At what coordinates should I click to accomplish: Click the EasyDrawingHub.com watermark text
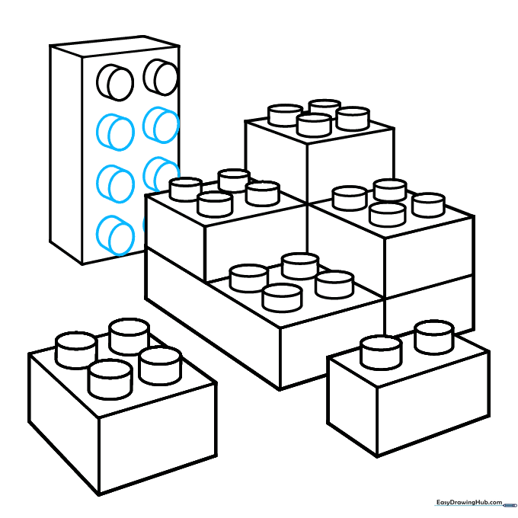coord(469,503)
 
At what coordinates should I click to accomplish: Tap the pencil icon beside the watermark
coord(510,506)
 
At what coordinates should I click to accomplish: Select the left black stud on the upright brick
coord(115,82)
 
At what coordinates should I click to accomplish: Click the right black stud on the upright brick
coord(161,77)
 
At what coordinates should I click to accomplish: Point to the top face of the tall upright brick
coord(114,46)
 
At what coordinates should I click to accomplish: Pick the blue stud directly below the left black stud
coord(115,133)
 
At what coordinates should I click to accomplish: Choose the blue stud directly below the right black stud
coord(161,125)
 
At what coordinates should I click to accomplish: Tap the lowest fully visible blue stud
coord(115,235)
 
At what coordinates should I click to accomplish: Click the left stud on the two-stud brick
coord(381,353)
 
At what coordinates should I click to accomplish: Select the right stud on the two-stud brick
coord(434,337)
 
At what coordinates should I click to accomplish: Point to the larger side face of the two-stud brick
coord(433,404)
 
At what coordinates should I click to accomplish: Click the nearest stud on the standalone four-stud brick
coord(110,379)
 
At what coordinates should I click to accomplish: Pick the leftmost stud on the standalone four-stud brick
coord(76,350)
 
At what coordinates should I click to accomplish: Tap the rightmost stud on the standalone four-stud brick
coord(160,366)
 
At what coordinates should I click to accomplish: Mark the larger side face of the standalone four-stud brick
coord(158,440)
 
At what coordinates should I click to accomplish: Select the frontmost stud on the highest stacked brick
coord(314,125)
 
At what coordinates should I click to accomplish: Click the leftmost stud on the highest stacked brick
coord(285,116)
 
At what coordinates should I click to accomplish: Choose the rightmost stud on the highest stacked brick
coord(353,118)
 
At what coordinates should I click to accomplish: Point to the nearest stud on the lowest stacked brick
coord(282,298)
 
